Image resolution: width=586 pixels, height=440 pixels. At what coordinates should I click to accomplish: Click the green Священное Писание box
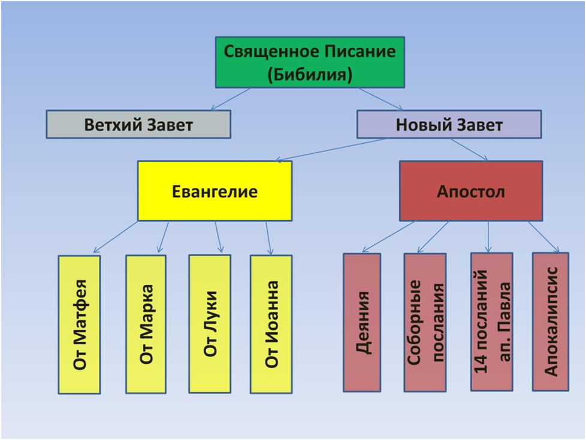(310, 62)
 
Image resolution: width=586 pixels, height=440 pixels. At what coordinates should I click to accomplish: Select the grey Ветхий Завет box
(138, 125)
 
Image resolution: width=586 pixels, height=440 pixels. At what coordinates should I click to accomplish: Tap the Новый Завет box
(449, 125)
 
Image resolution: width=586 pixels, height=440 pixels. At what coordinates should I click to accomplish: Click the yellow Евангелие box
(215, 191)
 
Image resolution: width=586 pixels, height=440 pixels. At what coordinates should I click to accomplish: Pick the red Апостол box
(471, 191)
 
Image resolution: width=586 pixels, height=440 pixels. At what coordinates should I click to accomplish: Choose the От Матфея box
(79, 324)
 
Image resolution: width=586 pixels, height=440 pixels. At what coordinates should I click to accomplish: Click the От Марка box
(146, 324)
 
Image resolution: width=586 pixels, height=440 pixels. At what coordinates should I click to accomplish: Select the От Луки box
(210, 324)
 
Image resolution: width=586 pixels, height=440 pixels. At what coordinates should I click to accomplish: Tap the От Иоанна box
(271, 324)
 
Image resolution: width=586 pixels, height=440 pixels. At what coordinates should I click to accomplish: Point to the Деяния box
(362, 323)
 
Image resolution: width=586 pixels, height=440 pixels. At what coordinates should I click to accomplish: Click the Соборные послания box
(425, 323)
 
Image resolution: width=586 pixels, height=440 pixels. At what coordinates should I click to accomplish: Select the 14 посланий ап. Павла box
(491, 322)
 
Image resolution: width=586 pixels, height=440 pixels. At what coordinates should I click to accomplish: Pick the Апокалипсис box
(551, 322)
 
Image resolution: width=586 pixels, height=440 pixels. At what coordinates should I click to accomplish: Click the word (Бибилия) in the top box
(310, 75)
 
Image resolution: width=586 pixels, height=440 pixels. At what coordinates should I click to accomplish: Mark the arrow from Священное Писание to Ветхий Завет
(231, 99)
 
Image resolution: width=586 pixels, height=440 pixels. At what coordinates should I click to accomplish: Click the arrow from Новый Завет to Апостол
(469, 150)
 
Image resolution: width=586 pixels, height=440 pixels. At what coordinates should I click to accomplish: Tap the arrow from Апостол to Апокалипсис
(543, 237)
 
